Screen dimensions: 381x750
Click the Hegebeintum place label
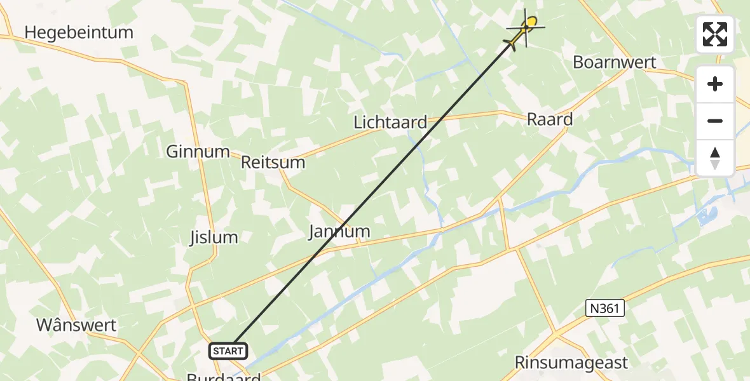79,32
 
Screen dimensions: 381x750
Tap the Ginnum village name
198,152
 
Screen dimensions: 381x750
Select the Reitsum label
273,163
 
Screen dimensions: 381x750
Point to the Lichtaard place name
390,123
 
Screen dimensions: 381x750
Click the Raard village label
550,119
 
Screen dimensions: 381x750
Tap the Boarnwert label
614,62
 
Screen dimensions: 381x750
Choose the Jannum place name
339,231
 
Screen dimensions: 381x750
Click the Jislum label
214,237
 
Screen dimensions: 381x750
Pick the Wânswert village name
76,326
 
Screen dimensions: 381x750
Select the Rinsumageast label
571,363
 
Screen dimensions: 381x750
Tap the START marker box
228,351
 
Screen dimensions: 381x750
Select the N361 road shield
604,309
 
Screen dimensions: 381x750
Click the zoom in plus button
715,84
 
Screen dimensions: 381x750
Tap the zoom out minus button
715,121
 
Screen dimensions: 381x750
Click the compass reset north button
715,157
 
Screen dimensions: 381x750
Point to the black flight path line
375,190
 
